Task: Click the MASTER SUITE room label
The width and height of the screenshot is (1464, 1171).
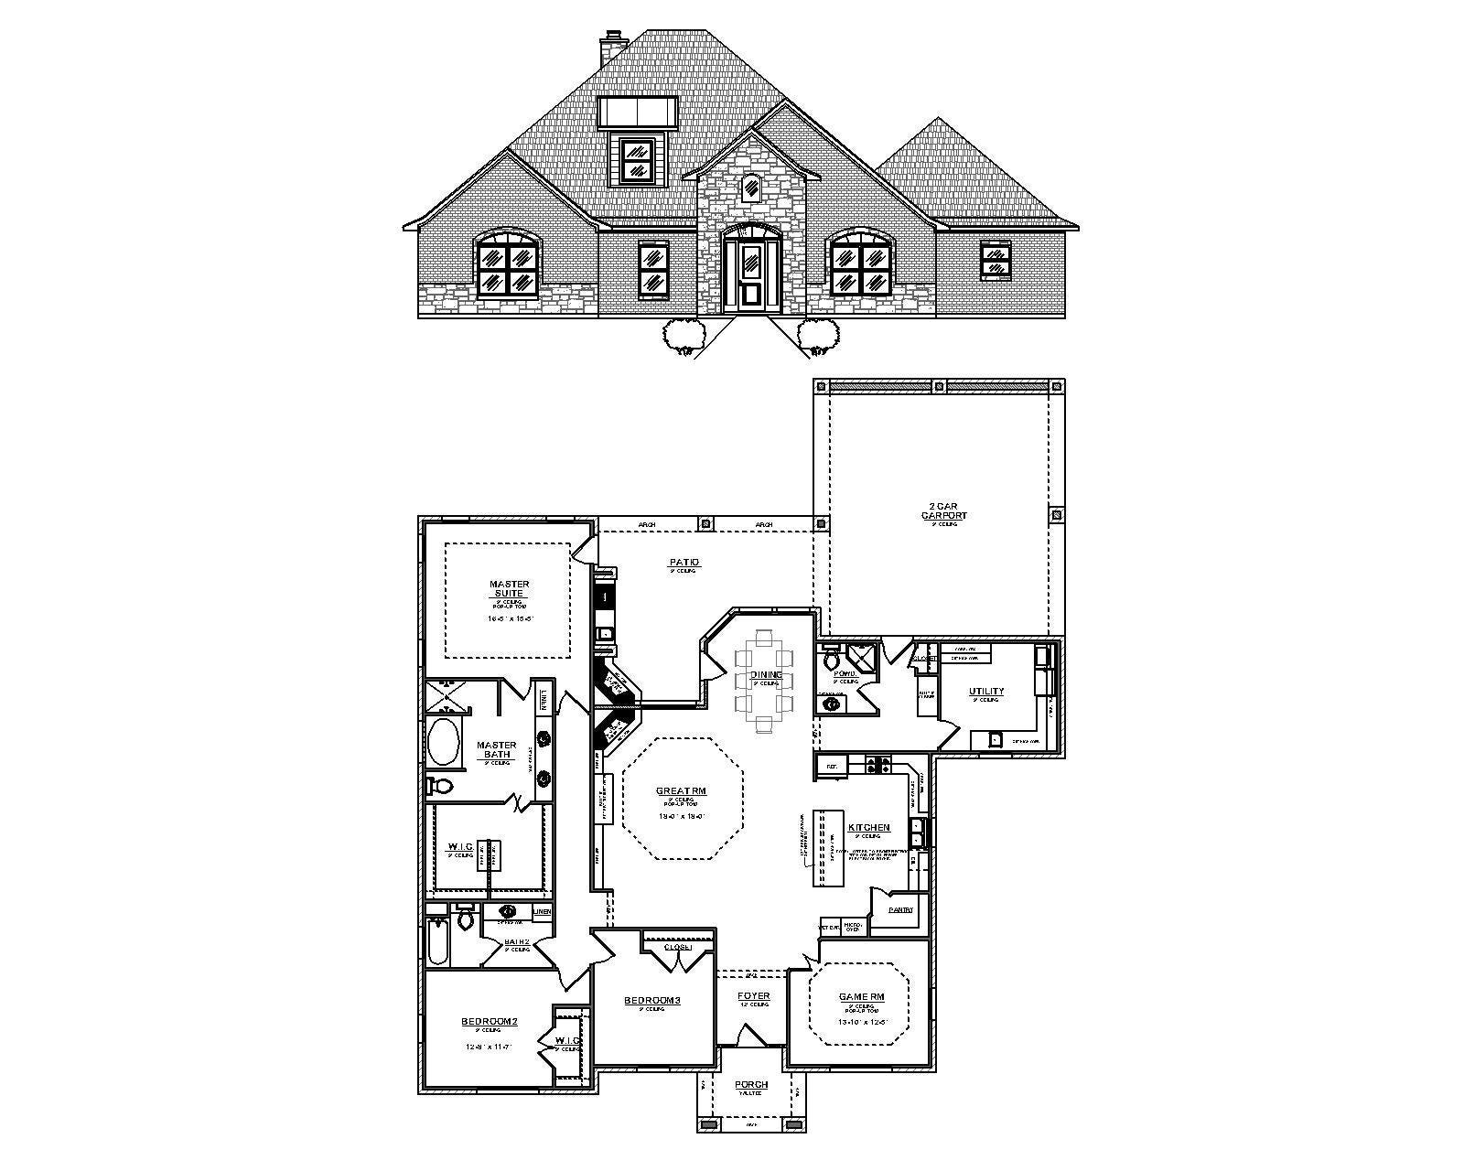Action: click(509, 588)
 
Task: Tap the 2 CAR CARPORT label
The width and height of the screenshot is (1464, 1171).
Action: click(943, 510)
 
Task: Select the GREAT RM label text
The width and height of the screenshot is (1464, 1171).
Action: click(681, 791)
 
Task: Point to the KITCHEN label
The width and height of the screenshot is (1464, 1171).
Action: click(868, 827)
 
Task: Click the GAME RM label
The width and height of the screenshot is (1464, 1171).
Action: click(861, 997)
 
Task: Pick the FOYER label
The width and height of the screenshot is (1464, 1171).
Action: click(754, 995)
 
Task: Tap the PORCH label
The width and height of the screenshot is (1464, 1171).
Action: click(751, 1085)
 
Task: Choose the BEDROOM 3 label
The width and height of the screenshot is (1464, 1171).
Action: click(651, 1000)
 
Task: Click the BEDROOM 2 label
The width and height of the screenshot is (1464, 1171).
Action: click(490, 1021)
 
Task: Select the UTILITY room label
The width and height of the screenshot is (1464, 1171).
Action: click(986, 692)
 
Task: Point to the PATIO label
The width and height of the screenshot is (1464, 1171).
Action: click(683, 562)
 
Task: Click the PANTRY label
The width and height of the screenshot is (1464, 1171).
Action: click(900, 909)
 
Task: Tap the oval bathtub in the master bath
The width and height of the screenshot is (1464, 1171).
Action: click(446, 743)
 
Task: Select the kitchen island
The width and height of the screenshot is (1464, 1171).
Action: click(826, 847)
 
